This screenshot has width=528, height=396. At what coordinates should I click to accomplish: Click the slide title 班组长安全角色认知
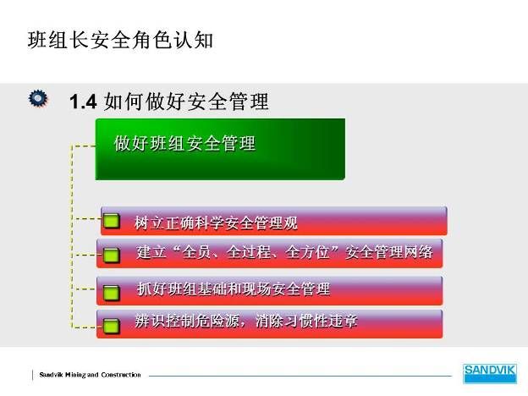(x=120, y=40)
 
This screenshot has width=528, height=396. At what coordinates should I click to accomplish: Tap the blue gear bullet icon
(x=38, y=99)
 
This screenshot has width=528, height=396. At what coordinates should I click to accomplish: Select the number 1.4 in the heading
(x=83, y=102)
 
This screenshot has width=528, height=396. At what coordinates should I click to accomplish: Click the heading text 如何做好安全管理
(x=186, y=102)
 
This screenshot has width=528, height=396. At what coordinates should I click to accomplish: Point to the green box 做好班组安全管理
(x=220, y=149)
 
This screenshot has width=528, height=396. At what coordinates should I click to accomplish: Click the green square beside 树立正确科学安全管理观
(x=111, y=221)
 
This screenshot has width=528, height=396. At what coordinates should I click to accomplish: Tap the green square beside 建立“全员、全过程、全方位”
(x=111, y=255)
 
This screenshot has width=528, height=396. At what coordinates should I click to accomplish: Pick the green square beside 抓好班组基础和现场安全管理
(x=111, y=292)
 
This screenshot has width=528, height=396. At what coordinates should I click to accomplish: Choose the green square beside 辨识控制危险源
(x=111, y=326)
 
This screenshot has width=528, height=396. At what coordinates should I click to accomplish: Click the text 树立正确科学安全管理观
(x=216, y=223)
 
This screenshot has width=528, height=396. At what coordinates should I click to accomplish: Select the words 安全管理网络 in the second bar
(x=389, y=252)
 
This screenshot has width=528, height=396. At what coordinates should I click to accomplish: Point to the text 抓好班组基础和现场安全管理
(x=234, y=289)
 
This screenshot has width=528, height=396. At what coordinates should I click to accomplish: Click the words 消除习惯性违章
(x=306, y=321)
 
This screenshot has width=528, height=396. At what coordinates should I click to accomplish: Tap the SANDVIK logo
(x=490, y=373)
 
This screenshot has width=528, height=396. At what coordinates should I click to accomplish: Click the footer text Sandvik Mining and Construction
(x=90, y=375)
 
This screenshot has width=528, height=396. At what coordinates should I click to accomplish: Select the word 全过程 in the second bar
(x=249, y=252)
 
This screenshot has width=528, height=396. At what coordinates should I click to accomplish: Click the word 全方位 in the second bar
(x=307, y=252)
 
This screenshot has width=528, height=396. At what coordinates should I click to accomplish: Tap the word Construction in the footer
(x=121, y=375)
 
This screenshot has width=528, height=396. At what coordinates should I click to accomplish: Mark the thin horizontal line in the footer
(x=300, y=376)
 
